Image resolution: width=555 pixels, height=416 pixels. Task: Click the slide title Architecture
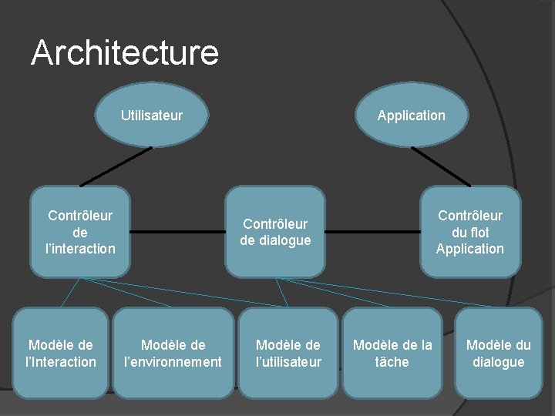tap(125, 53)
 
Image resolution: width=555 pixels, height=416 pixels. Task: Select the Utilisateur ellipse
tap(151, 116)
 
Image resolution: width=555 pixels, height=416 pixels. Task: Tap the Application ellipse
tap(411, 116)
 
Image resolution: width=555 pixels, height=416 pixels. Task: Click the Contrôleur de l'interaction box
tap(80, 231)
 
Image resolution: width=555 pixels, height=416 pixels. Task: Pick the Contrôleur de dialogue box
tap(275, 232)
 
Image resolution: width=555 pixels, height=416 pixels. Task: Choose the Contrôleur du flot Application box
tap(469, 231)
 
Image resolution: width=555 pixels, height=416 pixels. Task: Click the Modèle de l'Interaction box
tap(61, 353)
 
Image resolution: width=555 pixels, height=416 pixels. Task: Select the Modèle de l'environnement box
tap(173, 353)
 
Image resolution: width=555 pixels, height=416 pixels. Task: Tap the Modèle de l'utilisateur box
tap(288, 353)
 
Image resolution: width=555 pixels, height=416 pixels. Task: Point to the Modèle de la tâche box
tap(392, 353)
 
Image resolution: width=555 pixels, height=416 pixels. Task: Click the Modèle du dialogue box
tap(498, 353)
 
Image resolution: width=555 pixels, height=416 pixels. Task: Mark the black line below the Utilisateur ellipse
tap(116, 167)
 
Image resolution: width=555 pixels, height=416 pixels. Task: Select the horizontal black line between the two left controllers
tap(177, 231)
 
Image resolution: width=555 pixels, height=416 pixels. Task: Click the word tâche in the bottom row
tap(392, 362)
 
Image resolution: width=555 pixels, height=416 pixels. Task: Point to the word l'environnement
tap(173, 362)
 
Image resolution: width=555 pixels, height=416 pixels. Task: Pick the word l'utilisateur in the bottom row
tap(288, 362)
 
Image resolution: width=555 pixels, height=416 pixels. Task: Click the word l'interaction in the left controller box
tap(80, 248)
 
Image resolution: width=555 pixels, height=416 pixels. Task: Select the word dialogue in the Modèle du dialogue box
tap(498, 362)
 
